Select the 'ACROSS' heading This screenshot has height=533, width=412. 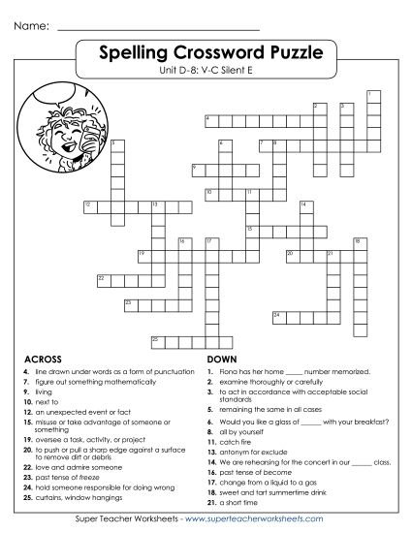(x=43, y=357)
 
